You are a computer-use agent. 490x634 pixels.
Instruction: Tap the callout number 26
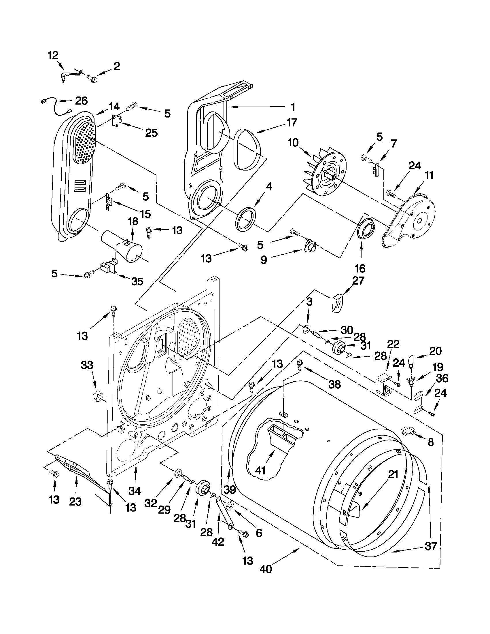click(x=81, y=101)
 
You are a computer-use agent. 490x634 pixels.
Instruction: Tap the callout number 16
click(x=360, y=268)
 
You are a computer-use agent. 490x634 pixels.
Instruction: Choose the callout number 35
click(x=137, y=281)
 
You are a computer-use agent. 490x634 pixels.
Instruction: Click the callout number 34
click(x=135, y=491)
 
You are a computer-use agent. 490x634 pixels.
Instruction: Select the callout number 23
click(x=75, y=501)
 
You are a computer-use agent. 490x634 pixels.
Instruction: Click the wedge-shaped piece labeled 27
click(x=337, y=303)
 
